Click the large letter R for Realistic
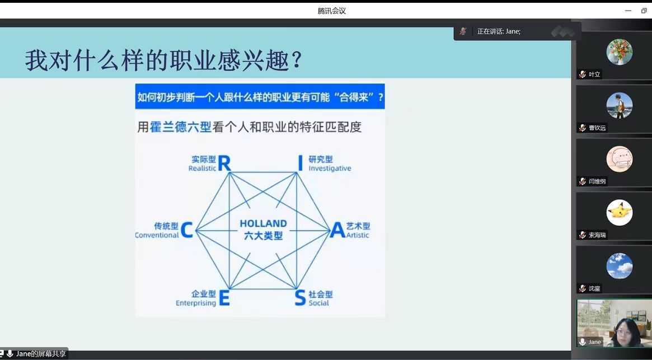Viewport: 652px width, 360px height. pos(224,163)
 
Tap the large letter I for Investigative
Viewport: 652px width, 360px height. pos(300,163)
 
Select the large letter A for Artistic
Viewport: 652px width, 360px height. pos(337,230)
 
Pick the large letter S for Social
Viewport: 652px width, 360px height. pos(300,298)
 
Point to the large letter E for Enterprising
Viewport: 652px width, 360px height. pos(224,298)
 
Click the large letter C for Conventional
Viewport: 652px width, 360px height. pos(187,230)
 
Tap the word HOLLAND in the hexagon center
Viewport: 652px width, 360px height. pos(263,224)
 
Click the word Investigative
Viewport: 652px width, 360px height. pos(330,168)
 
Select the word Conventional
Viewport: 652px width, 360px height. pos(157,235)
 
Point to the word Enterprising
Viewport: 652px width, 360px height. pos(196,303)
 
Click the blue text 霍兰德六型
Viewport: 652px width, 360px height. pos(180,127)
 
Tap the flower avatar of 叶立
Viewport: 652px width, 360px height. pos(619,52)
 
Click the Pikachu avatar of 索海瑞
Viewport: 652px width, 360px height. pos(619,213)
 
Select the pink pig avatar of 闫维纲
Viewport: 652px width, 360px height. pos(619,159)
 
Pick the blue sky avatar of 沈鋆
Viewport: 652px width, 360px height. pos(619,265)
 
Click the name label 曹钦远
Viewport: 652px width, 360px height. pos(598,128)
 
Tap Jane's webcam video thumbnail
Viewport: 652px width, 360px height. pos(614,323)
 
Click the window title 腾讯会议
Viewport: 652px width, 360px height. pos(331,11)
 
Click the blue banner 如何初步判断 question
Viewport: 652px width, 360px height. pos(260,96)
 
